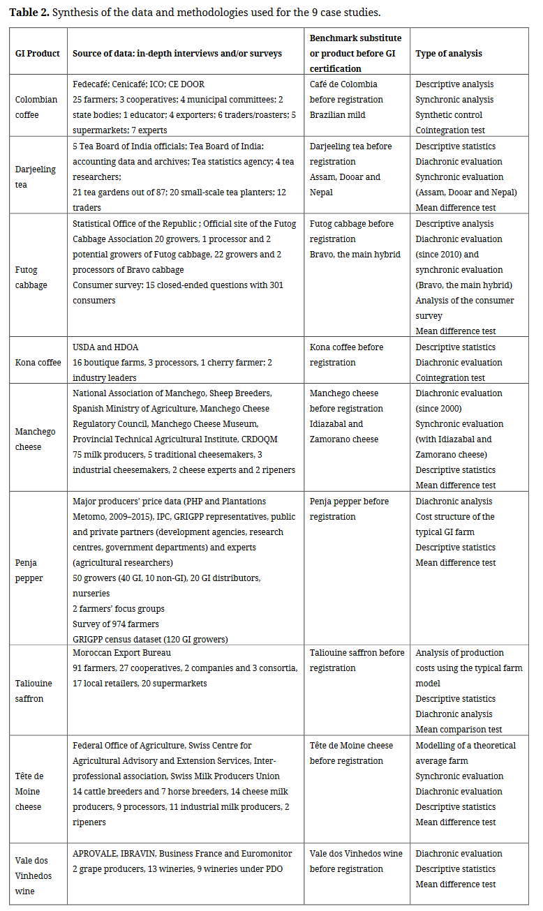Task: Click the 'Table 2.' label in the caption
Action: pyautogui.click(x=29, y=13)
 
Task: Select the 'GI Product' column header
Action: pyautogui.click(x=38, y=53)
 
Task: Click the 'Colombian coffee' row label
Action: pyautogui.click(x=36, y=107)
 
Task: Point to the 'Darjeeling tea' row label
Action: pyautogui.click(x=36, y=177)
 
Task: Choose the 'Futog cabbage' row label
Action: pyautogui.click(x=31, y=277)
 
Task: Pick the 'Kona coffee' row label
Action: pyautogui.click(x=36, y=362)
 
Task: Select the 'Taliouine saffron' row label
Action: pyautogui.click(x=34, y=691)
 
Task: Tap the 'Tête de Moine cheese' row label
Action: pyautogui.click(x=29, y=791)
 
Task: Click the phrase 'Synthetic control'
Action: pyautogui.click(x=449, y=115)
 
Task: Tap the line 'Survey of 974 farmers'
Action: pyautogui.click(x=117, y=624)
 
